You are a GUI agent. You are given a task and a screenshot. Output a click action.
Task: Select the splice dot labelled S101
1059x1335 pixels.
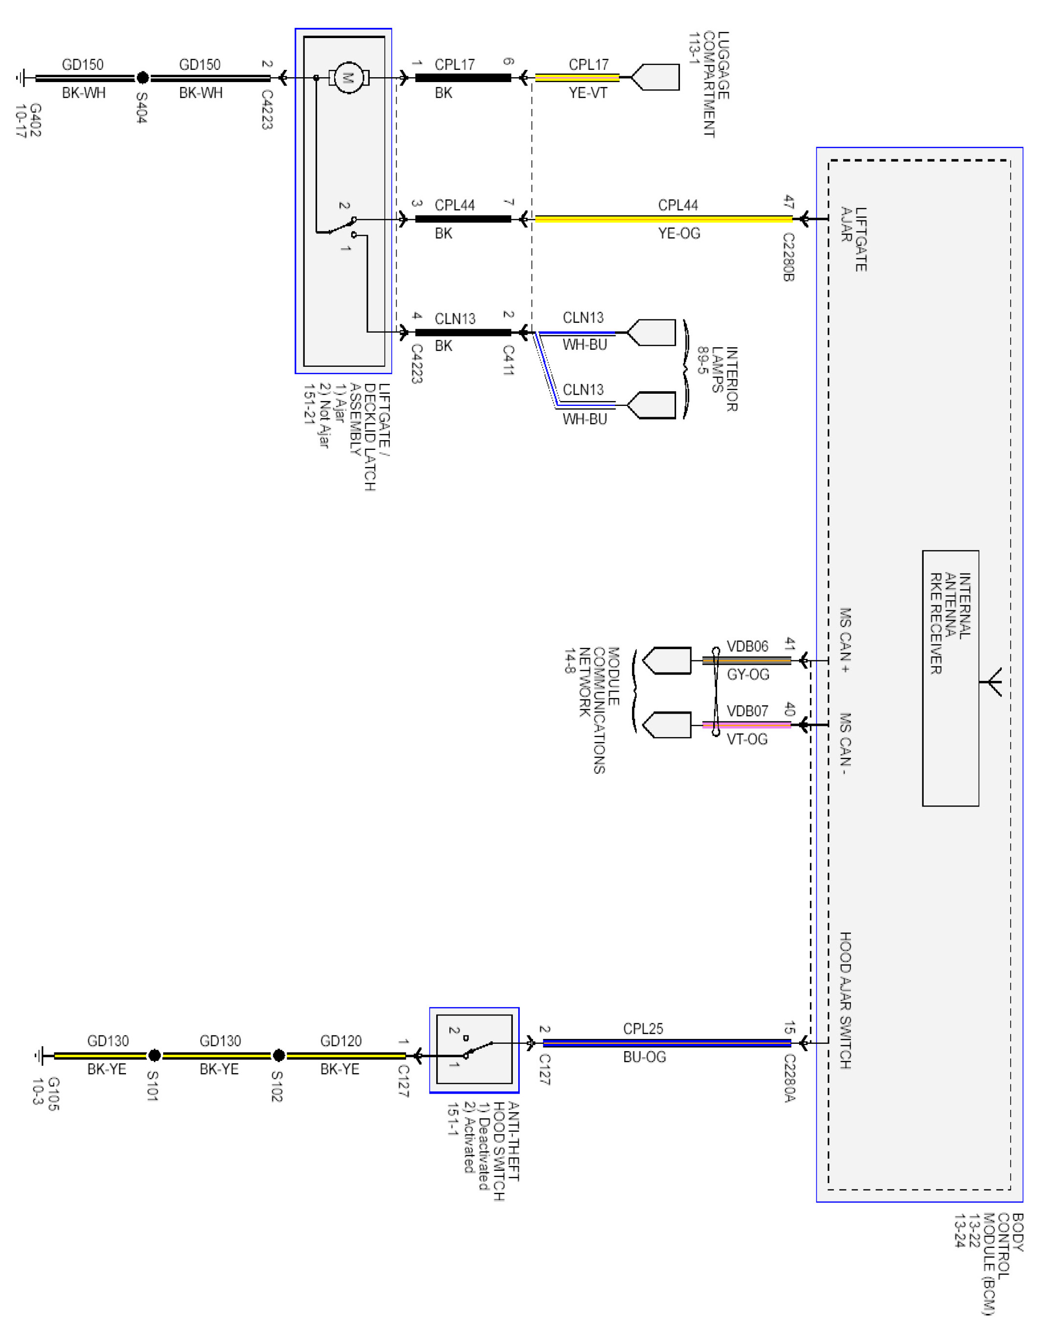pyautogui.click(x=154, y=1055)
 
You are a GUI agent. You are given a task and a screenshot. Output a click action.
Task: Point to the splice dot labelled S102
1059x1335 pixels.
pyautogui.click(x=279, y=1055)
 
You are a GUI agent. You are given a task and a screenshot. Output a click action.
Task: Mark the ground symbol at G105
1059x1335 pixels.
pyautogui.click(x=40, y=1055)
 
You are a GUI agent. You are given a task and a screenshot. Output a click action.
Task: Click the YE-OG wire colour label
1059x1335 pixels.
pyautogui.click(x=679, y=233)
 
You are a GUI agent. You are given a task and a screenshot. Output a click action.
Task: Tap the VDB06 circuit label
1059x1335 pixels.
pyautogui.click(x=747, y=646)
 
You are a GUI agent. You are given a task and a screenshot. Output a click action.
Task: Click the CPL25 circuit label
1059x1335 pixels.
pyautogui.click(x=643, y=1029)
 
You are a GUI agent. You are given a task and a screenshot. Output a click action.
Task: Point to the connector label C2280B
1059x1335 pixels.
pyautogui.click(x=788, y=256)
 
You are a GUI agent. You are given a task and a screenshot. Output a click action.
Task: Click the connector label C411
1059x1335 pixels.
pyautogui.click(x=508, y=360)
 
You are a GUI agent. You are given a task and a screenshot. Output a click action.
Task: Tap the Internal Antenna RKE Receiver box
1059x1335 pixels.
pyautogui.click(x=950, y=678)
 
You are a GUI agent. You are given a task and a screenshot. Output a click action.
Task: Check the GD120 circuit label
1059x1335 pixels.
pyautogui.click(x=340, y=1041)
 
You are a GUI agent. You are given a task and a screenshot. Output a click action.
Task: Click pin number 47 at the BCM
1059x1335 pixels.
pyautogui.click(x=789, y=201)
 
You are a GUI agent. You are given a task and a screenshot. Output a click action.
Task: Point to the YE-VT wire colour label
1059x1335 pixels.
pyautogui.click(x=588, y=93)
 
